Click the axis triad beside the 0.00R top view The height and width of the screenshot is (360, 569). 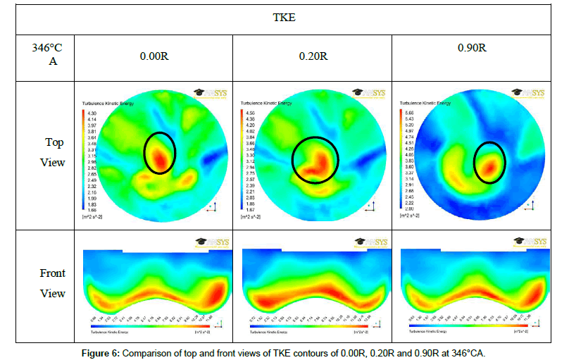(x=212, y=206)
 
